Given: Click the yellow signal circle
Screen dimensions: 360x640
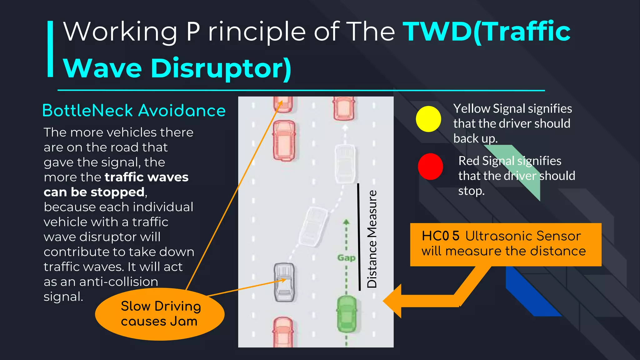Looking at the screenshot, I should pos(428,119).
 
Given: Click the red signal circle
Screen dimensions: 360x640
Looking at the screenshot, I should pos(430,167).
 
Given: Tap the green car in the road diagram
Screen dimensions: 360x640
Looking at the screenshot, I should pos(347,314).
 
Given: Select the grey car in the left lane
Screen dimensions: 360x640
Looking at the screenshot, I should pos(284,282).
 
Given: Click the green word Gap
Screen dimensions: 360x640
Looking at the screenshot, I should pos(346,258).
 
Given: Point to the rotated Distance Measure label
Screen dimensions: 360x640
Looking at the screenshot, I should pos(372,239).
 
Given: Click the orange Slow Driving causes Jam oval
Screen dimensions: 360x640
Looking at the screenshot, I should pos(159,314).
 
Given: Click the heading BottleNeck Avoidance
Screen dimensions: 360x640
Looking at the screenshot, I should pos(134,111).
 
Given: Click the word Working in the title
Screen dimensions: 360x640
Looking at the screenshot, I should pos(120,32).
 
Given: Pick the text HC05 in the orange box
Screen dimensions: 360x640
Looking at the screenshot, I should pos(440,236).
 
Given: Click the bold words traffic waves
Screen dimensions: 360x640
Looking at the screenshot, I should pos(147,177).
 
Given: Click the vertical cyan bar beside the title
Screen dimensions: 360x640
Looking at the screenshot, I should pos(50,49).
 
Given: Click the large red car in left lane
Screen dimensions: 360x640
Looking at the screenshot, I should pos(284,140).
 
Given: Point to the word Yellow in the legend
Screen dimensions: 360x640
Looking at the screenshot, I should pos(472,109).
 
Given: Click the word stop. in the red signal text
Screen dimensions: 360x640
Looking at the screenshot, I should pos(471,191).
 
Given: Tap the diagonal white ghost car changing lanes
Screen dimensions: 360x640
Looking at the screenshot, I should pos(313,226).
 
